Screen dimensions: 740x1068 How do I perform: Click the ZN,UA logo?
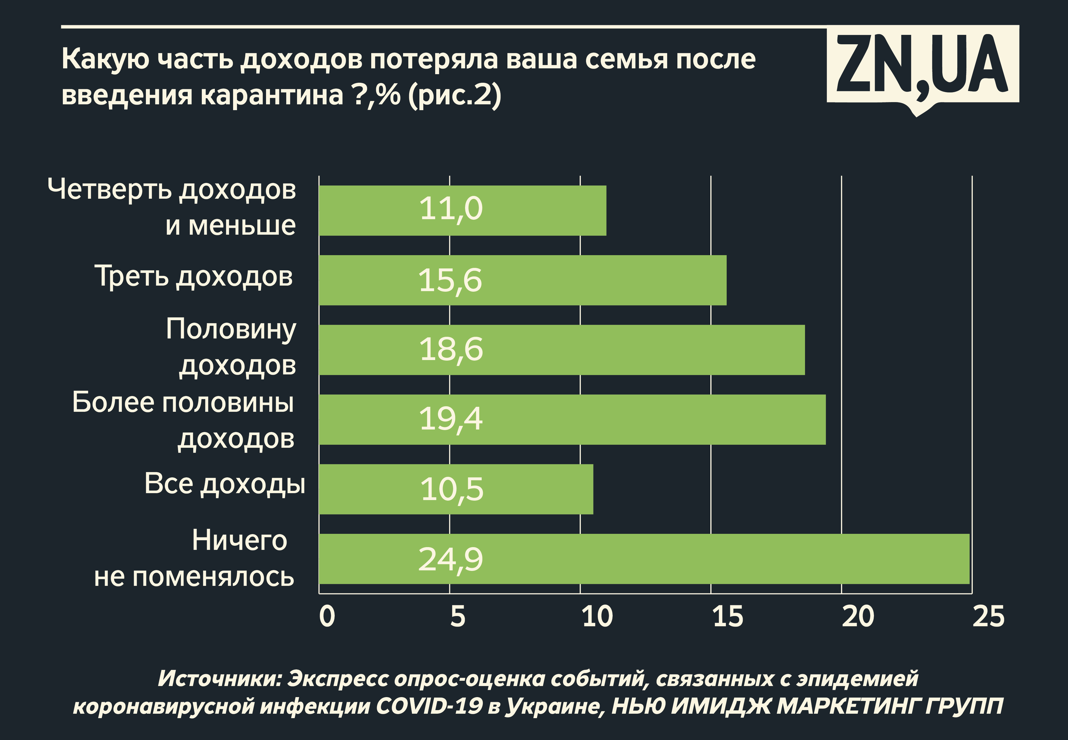(922, 65)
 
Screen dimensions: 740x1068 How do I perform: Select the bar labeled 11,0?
(462, 211)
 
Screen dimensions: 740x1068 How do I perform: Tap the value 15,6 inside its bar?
(450, 281)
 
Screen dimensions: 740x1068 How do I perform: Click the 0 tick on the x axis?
(327, 616)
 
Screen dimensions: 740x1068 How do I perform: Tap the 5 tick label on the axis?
(457, 616)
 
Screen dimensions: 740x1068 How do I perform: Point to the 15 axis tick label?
(728, 616)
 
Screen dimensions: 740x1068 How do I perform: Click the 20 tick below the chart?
(858, 616)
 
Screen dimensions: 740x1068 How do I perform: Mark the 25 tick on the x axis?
(988, 616)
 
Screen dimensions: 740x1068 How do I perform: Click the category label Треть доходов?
(194, 277)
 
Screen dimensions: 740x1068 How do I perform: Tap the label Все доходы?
(225, 484)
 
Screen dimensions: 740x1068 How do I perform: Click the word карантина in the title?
(272, 95)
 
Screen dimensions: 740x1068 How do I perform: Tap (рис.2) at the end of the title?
(455, 95)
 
